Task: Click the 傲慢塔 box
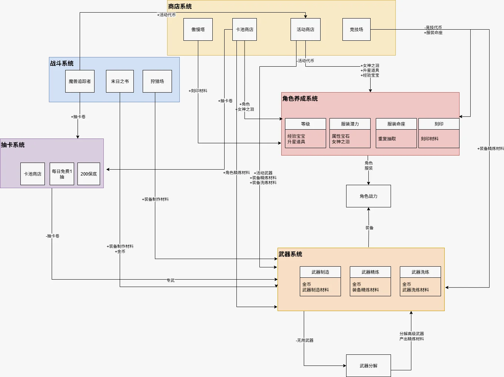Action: click(198, 30)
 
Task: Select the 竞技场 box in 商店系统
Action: click(356, 30)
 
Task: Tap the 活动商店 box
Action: click(305, 30)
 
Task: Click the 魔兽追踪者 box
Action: click(80, 81)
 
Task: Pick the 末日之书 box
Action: click(120, 81)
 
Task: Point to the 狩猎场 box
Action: click(157, 81)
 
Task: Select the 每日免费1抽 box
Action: click(62, 174)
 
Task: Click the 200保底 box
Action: click(89, 174)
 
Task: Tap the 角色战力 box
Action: click(368, 196)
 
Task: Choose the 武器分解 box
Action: click(368, 366)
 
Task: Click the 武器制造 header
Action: click(320, 272)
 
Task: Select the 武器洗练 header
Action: click(420, 272)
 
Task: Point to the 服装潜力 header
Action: click(350, 124)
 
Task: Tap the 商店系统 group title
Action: click(180, 7)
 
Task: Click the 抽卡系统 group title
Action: click(13, 145)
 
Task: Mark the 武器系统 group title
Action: click(291, 254)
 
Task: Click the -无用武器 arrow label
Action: click(305, 340)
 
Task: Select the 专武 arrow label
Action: click(170, 280)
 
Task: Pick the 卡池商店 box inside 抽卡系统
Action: click(33, 174)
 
